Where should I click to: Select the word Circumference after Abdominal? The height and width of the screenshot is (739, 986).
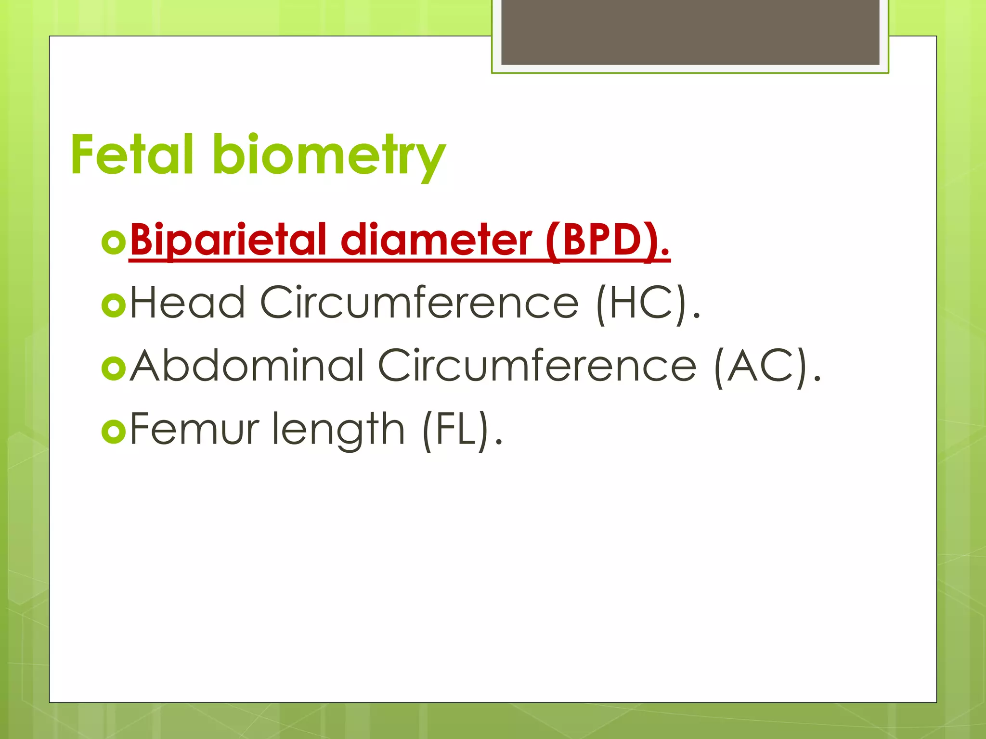point(537,366)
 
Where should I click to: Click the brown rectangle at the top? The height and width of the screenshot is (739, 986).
point(690,32)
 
